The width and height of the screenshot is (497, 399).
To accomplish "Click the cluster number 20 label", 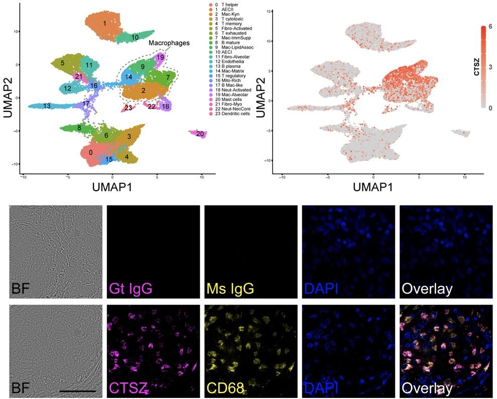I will click(200, 134).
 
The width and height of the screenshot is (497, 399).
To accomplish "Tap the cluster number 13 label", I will click(47, 106).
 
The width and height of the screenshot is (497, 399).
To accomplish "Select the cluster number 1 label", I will click(105, 24).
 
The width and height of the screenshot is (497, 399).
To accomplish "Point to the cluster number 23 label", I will click(128, 108).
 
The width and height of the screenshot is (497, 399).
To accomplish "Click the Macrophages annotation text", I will click(168, 43).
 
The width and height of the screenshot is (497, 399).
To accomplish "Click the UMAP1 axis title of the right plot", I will click(377, 187).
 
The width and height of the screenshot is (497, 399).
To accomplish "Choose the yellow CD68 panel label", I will click(225, 388).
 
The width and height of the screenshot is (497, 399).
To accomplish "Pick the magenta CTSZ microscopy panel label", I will click(129, 388).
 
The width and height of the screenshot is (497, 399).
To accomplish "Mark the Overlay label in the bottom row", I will click(427, 388).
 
